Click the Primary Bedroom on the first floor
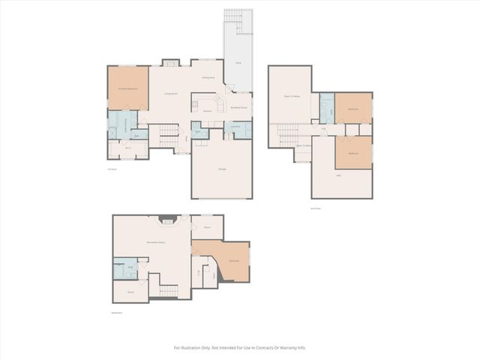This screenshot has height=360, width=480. click(x=128, y=88)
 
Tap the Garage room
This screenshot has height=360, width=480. click(x=223, y=169)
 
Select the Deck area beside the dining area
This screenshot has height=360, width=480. click(x=238, y=64)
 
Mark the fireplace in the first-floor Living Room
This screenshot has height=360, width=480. click(x=172, y=62)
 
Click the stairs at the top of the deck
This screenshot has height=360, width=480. click(x=234, y=18)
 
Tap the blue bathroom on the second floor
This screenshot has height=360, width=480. click(x=327, y=109)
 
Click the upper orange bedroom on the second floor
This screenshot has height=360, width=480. click(x=353, y=109)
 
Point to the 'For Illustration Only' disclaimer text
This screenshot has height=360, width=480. click(x=240, y=347)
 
